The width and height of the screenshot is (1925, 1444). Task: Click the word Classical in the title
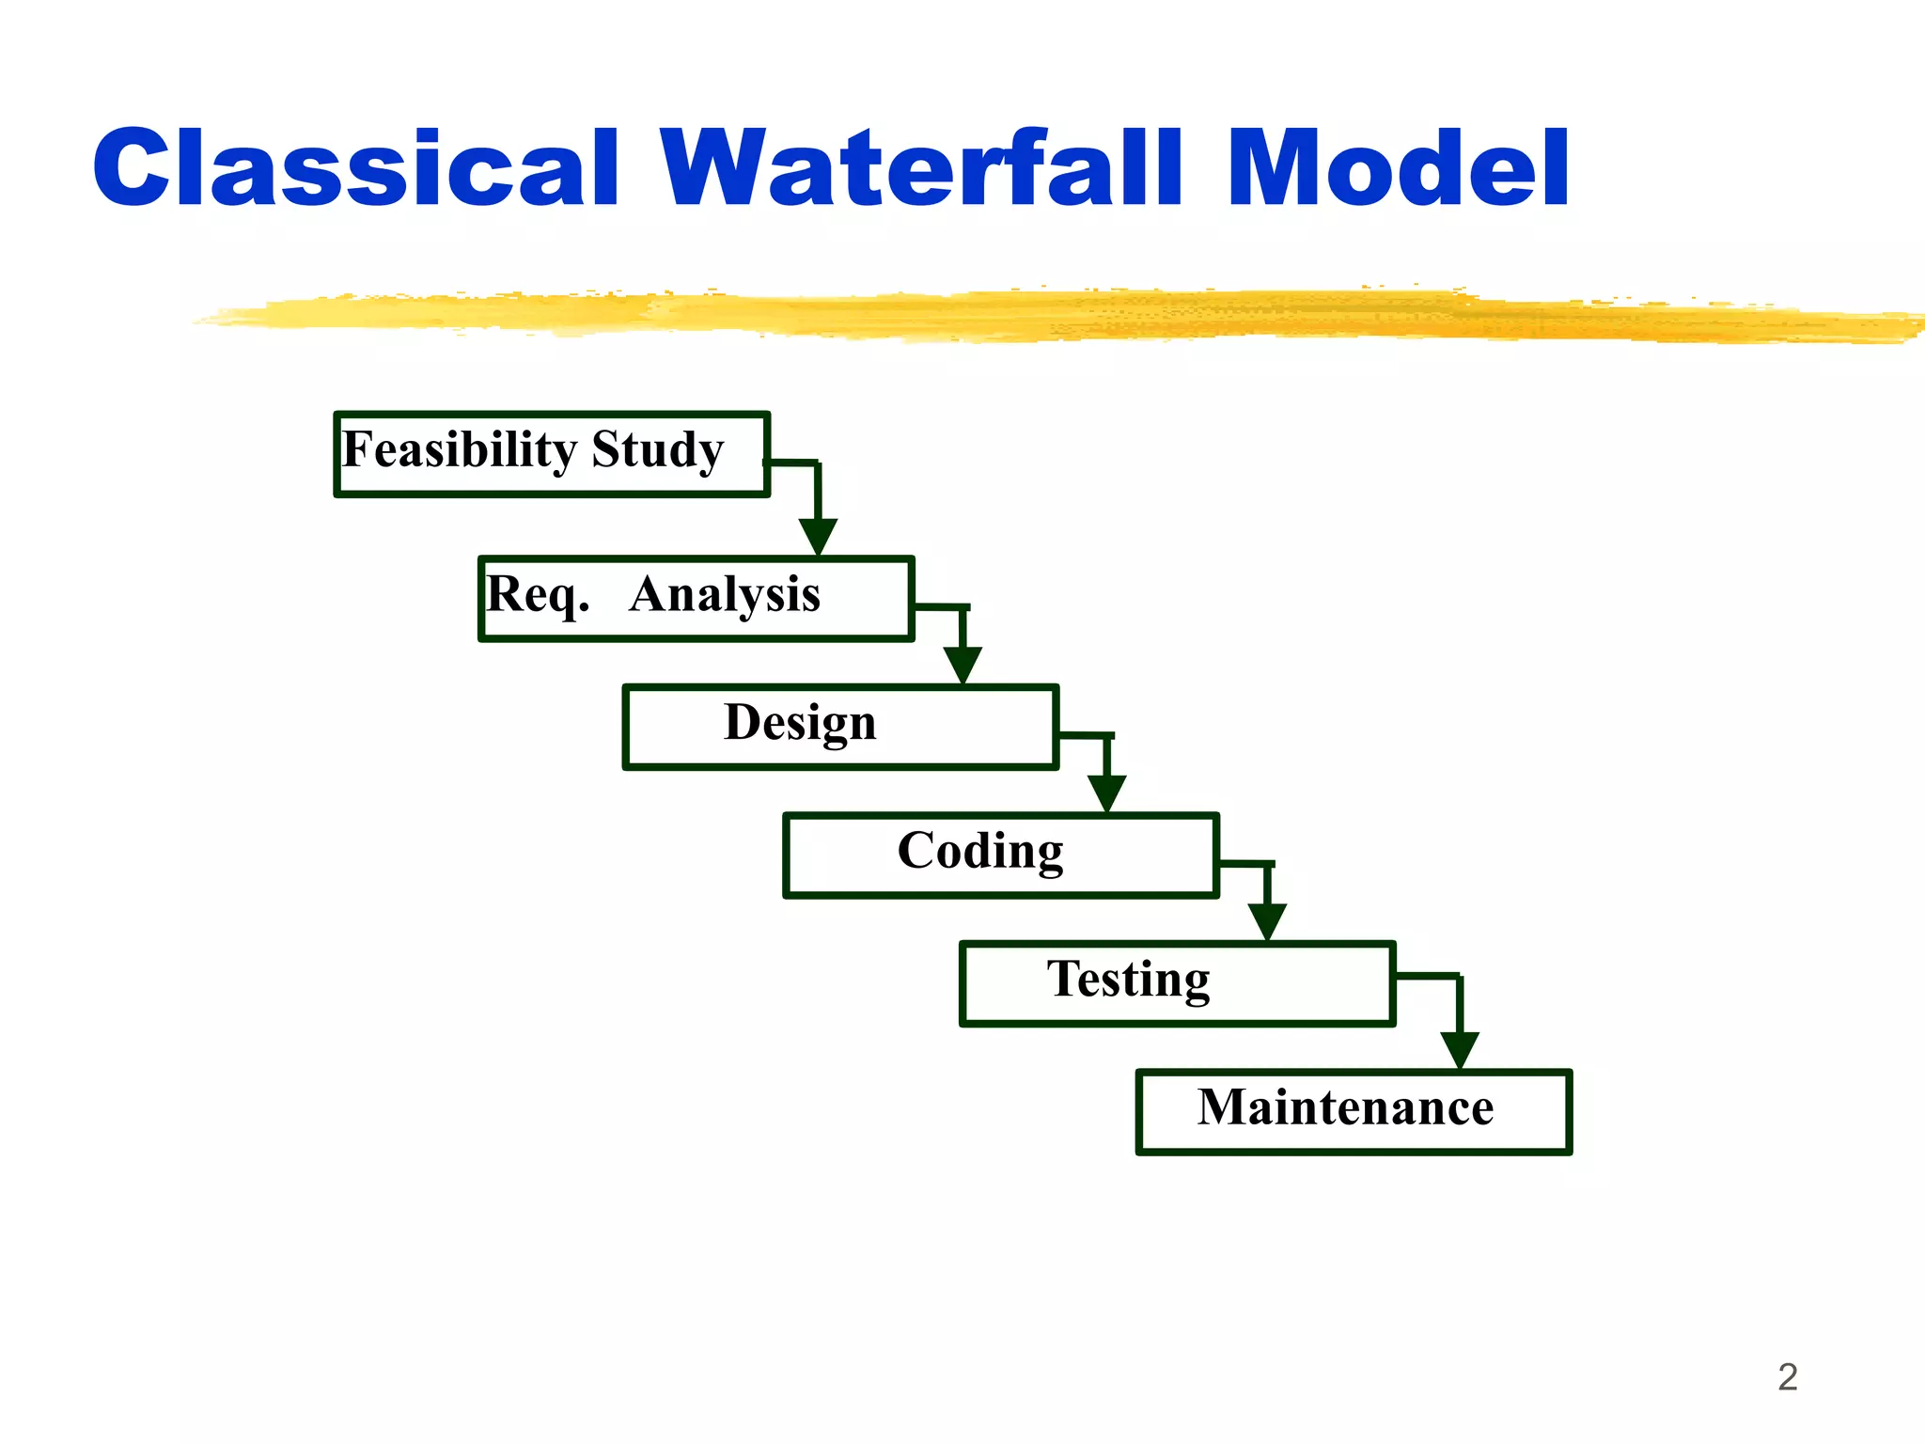click(355, 169)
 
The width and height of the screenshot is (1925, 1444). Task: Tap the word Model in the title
click(1397, 169)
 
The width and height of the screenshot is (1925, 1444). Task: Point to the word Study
click(657, 449)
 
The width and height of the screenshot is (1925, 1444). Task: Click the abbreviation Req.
click(537, 594)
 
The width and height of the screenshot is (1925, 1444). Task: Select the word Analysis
click(725, 594)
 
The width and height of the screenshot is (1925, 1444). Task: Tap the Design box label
click(800, 723)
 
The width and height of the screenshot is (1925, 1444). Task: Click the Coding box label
click(979, 851)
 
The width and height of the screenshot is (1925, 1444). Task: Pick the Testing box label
click(1128, 979)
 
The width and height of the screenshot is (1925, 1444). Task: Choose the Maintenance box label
click(1344, 1107)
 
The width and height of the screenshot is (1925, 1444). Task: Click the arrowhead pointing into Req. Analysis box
click(818, 537)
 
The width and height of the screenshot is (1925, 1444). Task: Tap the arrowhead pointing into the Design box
click(962, 665)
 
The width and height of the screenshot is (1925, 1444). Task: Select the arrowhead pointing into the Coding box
click(1107, 793)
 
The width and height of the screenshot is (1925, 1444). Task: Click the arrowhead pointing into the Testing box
click(1267, 921)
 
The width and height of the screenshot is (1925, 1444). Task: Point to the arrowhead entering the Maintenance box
click(1460, 1049)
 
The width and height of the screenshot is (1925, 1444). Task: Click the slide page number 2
click(1787, 1377)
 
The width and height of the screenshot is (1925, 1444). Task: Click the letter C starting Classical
click(132, 169)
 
